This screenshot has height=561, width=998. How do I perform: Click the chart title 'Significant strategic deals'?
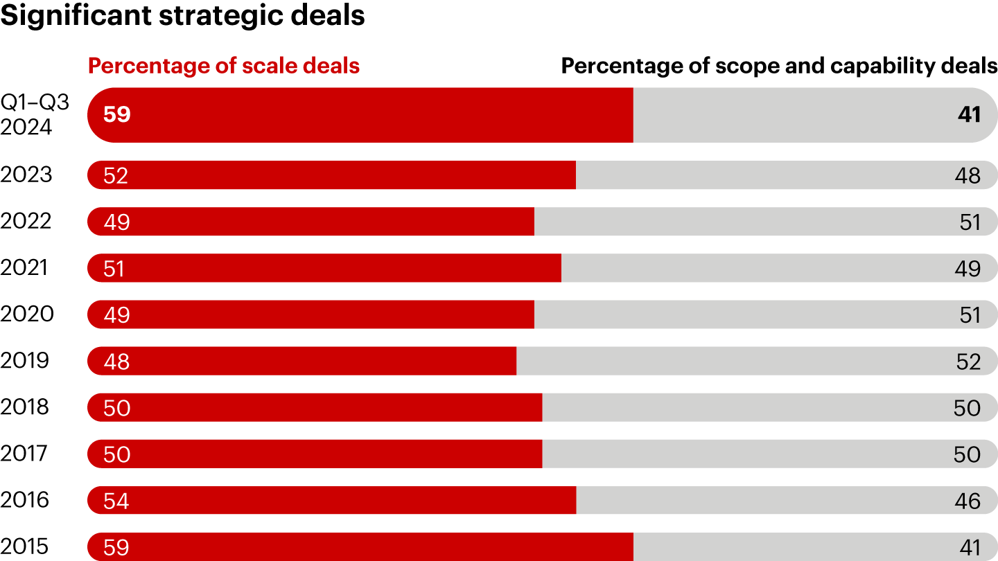click(x=182, y=15)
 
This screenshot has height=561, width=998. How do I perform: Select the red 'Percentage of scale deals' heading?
click(x=224, y=66)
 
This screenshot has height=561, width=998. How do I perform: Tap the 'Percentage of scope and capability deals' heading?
click(x=779, y=66)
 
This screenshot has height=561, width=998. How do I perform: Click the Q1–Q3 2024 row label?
click(x=35, y=114)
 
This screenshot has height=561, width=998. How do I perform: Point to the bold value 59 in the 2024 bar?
click(x=116, y=114)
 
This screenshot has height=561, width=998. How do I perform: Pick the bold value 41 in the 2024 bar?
click(x=969, y=114)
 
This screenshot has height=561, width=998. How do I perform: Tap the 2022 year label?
click(x=26, y=221)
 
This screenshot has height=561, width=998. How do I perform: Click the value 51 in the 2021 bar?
click(x=114, y=268)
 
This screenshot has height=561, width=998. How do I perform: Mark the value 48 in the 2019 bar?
click(x=116, y=362)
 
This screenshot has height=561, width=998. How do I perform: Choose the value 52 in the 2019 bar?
click(x=968, y=362)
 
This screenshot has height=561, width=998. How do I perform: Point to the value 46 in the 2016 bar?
click(x=968, y=501)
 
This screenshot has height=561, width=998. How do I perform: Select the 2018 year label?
click(x=25, y=407)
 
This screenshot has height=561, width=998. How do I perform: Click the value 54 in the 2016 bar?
click(x=116, y=501)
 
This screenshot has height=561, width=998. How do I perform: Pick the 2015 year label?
click(x=25, y=546)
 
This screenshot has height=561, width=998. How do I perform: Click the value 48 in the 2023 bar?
click(x=968, y=175)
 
